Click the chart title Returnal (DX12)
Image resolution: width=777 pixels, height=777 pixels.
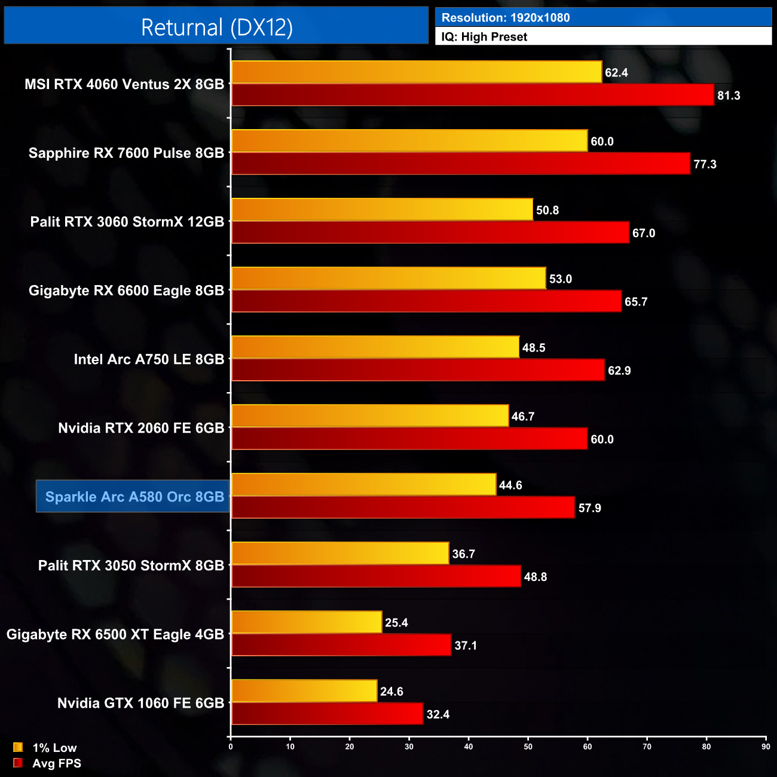(x=216, y=27)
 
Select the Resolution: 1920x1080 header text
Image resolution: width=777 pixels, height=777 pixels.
(x=506, y=18)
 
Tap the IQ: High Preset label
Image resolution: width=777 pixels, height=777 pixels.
(x=484, y=37)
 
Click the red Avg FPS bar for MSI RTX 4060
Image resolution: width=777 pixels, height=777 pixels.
(x=472, y=95)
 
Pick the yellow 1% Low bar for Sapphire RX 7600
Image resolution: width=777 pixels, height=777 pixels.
(x=409, y=140)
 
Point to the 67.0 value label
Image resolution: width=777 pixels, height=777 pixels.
(x=644, y=233)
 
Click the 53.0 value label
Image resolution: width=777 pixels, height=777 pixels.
(x=561, y=279)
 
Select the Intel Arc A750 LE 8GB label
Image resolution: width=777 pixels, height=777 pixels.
(x=149, y=359)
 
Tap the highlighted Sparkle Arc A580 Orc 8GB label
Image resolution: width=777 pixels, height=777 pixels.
(x=134, y=497)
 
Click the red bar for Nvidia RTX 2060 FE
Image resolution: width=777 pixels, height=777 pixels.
(x=409, y=439)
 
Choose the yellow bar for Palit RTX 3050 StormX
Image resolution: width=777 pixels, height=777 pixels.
(x=340, y=553)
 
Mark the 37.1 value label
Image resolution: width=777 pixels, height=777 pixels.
(x=466, y=646)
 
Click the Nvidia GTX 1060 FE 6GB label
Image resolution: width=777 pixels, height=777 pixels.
(x=140, y=703)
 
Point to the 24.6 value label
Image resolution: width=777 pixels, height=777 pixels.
(x=391, y=692)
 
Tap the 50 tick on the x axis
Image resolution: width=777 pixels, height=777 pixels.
(x=528, y=747)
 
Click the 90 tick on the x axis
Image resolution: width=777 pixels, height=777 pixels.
(x=766, y=747)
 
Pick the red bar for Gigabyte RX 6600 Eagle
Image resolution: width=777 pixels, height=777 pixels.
(x=426, y=301)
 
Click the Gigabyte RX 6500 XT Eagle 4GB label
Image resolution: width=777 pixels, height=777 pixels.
(x=115, y=634)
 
